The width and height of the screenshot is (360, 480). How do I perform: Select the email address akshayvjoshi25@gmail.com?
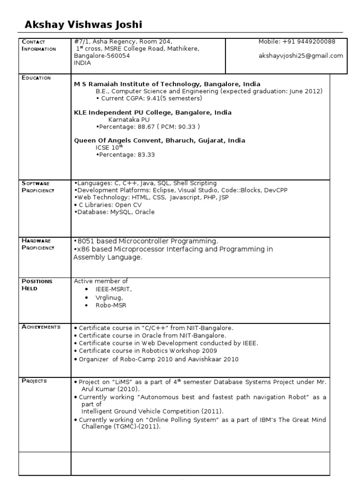(300, 55)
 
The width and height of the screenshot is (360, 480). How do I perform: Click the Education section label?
(36, 78)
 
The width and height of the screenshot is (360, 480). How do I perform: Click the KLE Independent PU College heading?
(153, 112)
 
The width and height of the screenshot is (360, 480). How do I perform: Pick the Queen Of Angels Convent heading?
(159, 140)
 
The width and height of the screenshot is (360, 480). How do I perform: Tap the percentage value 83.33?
(145, 154)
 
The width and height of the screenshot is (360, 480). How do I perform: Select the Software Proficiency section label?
(38, 187)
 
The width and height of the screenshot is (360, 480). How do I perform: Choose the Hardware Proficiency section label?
(38, 244)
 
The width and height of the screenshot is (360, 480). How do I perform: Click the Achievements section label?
(41, 327)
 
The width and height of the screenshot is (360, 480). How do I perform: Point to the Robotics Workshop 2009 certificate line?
(148, 351)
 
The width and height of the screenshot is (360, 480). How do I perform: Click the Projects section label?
(34, 381)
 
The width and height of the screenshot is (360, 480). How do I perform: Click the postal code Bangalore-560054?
(102, 56)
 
